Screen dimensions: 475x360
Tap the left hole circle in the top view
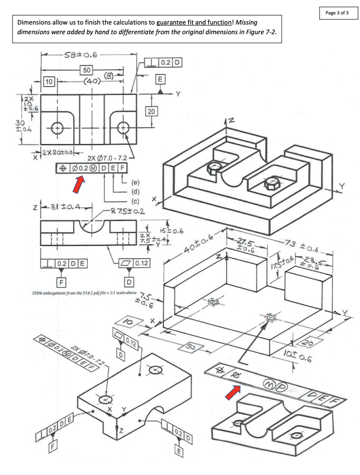[57, 128]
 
